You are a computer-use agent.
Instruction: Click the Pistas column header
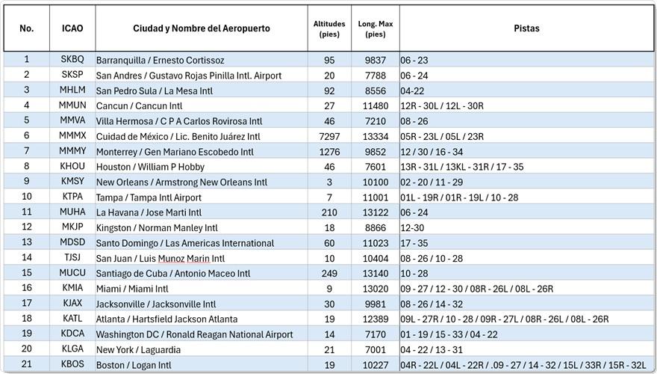pyautogui.click(x=526, y=28)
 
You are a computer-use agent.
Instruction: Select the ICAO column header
pyautogui.click(x=72, y=28)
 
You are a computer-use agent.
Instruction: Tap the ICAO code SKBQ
pyautogui.click(x=72, y=59)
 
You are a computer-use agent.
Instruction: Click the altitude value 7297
pyautogui.click(x=329, y=136)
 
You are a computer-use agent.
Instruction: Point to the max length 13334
pyautogui.click(x=376, y=136)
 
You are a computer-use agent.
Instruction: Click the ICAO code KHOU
pyautogui.click(x=72, y=166)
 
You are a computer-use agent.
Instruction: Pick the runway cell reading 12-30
pyautogui.click(x=412, y=228)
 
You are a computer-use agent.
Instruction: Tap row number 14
pyautogui.click(x=27, y=257)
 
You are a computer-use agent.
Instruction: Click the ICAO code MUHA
pyautogui.click(x=72, y=212)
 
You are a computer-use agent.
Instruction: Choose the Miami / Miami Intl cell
pyautogui.click(x=132, y=289)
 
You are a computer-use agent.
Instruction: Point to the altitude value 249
pyautogui.click(x=329, y=273)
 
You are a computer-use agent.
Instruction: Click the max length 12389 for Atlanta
pyautogui.click(x=376, y=319)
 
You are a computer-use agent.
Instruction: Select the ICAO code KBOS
pyautogui.click(x=72, y=364)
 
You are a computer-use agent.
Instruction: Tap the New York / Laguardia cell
pyautogui.click(x=138, y=349)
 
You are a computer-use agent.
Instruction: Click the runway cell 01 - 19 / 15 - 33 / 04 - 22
pyautogui.click(x=449, y=334)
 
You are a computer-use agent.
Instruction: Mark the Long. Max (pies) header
pyautogui.click(x=376, y=29)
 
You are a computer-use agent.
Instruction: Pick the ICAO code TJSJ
pyautogui.click(x=72, y=257)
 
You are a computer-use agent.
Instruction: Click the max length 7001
pyautogui.click(x=376, y=349)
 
